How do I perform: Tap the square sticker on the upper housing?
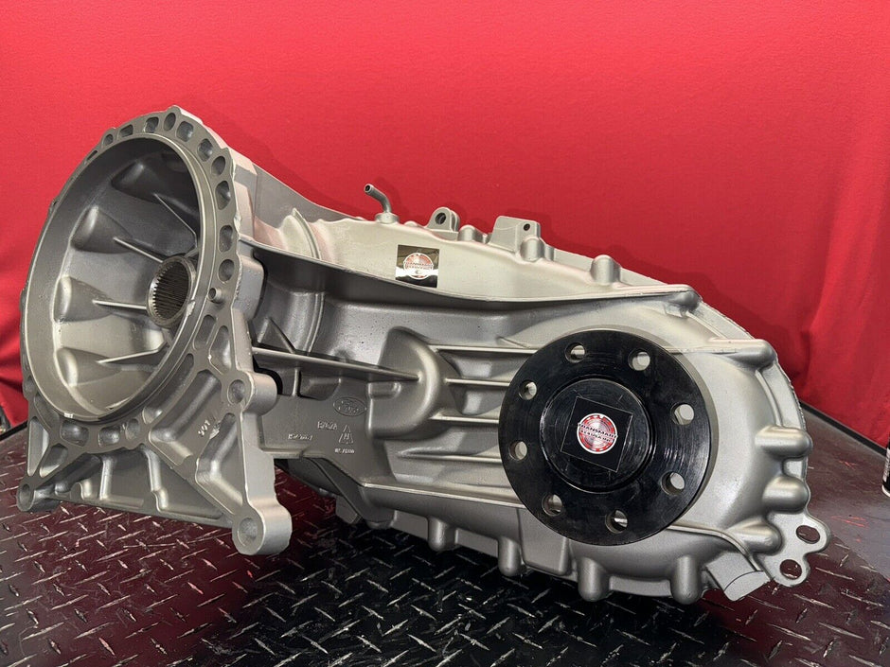(418, 266)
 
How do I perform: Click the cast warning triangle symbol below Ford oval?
(347, 436)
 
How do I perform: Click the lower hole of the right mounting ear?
(790, 569)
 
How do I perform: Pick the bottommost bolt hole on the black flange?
(616, 519)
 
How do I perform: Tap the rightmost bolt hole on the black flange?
(684, 414)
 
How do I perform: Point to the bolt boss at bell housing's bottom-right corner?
(249, 532)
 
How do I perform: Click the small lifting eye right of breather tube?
(441, 219)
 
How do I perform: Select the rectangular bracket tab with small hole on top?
(508, 228)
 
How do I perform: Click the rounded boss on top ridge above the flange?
(603, 269)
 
